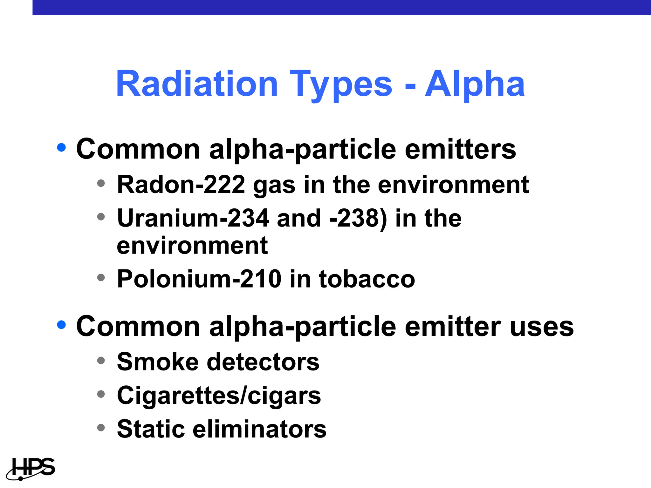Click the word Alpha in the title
[475, 84]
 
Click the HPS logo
[31, 469]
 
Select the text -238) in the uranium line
[359, 219]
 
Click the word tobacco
[367, 279]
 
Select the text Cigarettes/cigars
[219, 396]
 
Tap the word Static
[151, 429]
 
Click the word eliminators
[259, 429]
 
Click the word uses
[542, 327]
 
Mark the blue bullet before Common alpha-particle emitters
[61, 147]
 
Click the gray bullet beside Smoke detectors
[101, 360]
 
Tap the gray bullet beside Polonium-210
[101, 277]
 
